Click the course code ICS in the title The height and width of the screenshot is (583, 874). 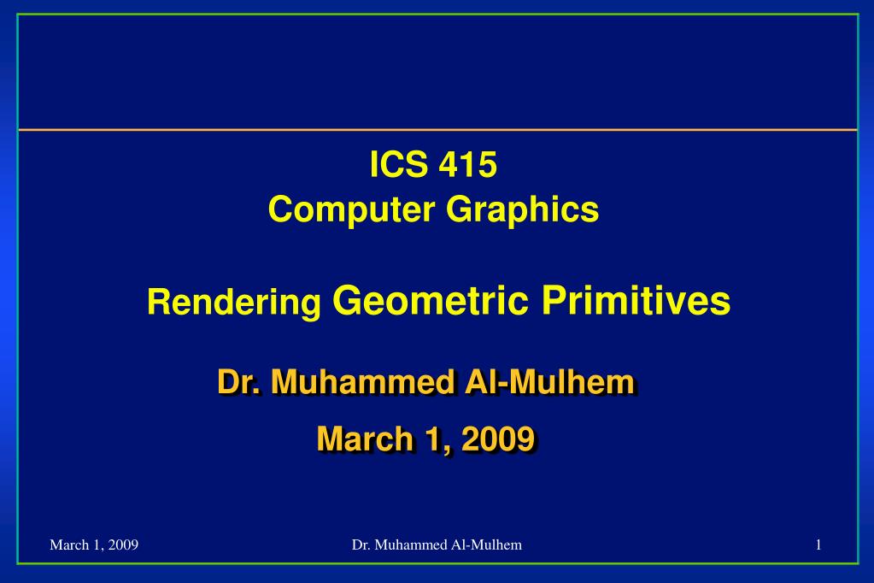(398, 165)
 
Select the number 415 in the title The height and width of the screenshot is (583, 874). (467, 165)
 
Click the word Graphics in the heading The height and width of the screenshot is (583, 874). (522, 210)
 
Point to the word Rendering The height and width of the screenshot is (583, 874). (234, 303)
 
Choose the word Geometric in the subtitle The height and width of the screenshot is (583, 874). (431, 301)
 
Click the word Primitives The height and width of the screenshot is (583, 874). (636, 300)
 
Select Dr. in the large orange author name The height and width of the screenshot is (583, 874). (238, 382)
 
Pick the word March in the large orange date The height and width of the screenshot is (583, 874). (365, 439)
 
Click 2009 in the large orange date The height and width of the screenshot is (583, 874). (498, 439)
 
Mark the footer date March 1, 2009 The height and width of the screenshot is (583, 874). (94, 545)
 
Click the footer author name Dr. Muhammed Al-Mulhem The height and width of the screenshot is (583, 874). (437, 545)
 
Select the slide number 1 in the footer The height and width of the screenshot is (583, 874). (818, 545)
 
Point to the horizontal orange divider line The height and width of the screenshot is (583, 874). (437, 130)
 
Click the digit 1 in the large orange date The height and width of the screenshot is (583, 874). (433, 439)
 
